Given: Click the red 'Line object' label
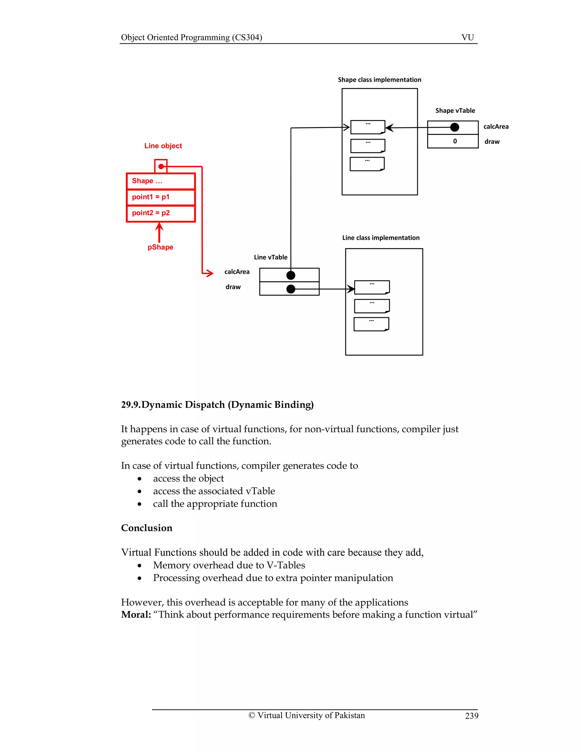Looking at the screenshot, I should [163, 146].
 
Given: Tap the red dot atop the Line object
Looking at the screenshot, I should [161, 166].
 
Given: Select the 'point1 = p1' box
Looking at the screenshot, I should [161, 197].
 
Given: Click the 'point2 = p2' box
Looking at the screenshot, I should [161, 213].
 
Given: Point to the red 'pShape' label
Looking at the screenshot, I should [160, 247].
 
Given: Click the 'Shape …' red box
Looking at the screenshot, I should [161, 181].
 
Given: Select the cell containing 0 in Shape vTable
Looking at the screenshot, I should [452, 141].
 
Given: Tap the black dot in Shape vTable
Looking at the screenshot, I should [455, 127].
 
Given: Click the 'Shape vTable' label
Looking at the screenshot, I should [455, 110].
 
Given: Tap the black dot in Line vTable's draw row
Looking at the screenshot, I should [291, 289].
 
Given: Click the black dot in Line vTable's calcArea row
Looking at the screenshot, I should [291, 275].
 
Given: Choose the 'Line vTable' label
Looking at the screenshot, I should [271, 257].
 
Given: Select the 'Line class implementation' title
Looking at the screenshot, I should [381, 238].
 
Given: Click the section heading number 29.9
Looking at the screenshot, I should [130, 405].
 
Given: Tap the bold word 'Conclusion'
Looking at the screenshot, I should [147, 528].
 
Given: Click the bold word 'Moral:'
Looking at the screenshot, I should [136, 615].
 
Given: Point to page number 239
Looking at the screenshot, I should [471, 716].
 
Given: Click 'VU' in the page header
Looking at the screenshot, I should [468, 37].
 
